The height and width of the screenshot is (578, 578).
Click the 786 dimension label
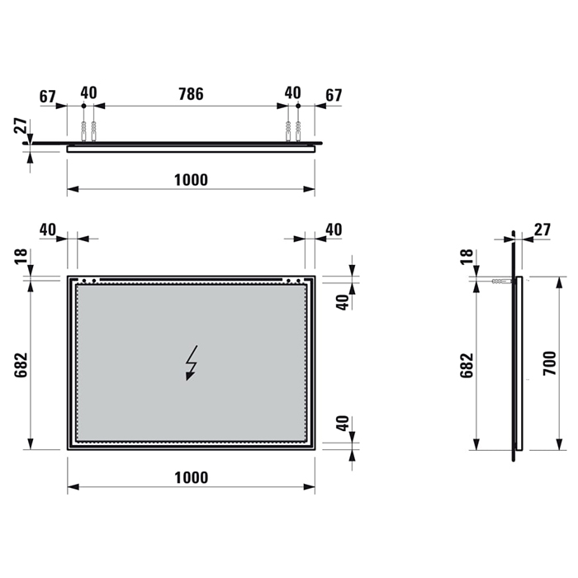click(x=191, y=93)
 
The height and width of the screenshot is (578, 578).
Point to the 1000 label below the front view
click(x=191, y=477)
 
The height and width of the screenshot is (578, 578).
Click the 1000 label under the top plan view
click(x=191, y=180)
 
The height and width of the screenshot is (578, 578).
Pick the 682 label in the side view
click(x=466, y=363)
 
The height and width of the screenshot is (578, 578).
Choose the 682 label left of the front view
click(x=21, y=363)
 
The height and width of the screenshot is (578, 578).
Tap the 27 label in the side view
click(x=542, y=229)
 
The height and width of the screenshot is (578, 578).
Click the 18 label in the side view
click(x=466, y=258)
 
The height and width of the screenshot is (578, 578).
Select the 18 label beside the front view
click(x=21, y=258)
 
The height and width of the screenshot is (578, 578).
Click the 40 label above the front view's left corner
click(x=47, y=229)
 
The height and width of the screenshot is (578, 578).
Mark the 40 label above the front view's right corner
click(x=333, y=229)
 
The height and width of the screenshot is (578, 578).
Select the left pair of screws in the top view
click(x=88, y=130)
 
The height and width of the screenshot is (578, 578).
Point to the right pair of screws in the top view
click(x=293, y=130)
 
